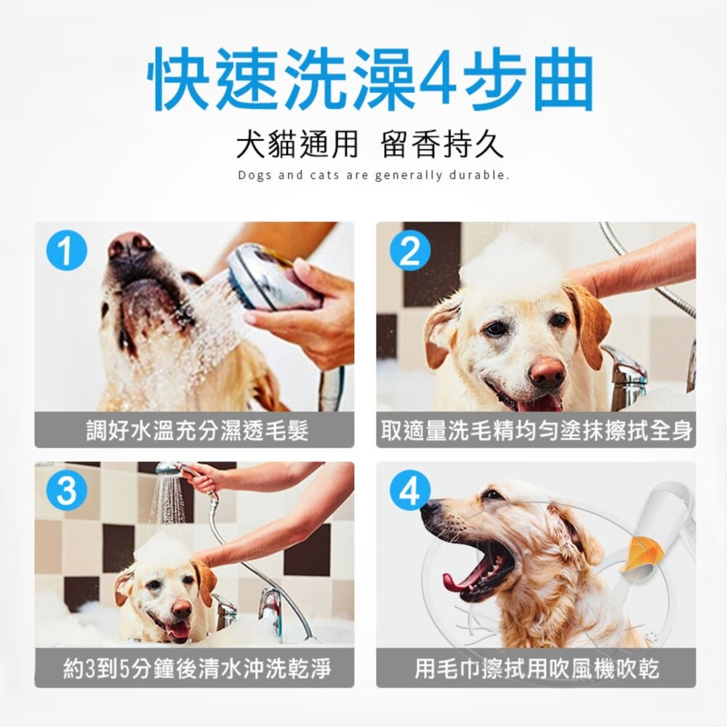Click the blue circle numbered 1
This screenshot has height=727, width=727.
(x=66, y=252)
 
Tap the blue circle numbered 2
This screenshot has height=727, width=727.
(x=410, y=252)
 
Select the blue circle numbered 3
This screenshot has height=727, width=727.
(x=66, y=491)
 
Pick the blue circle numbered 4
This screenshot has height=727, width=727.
(x=410, y=491)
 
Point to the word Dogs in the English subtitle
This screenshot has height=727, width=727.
(x=253, y=175)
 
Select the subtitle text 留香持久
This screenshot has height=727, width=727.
(x=442, y=145)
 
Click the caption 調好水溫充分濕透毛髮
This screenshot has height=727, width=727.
(x=194, y=430)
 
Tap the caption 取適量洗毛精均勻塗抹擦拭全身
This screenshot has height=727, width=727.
(x=536, y=430)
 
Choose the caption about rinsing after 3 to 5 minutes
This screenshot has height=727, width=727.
(x=194, y=668)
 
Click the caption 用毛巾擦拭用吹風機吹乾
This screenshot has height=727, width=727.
(x=536, y=668)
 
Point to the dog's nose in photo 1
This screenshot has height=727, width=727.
(x=130, y=246)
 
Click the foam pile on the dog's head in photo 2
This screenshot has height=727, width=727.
(x=513, y=262)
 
